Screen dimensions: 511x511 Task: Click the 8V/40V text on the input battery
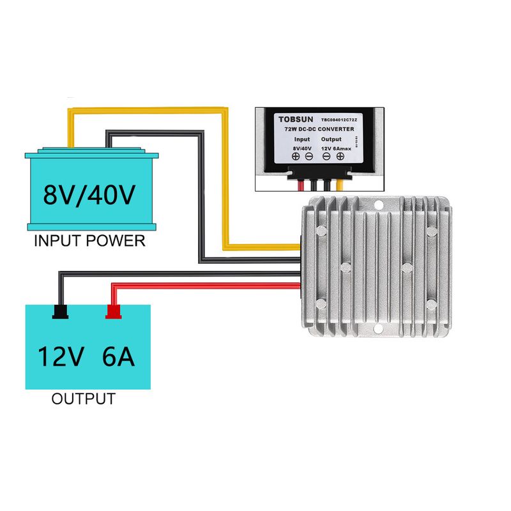(89, 194)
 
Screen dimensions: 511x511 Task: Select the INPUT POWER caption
(89, 241)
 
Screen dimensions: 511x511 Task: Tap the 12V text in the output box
(60, 356)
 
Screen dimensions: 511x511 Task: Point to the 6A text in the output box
(118, 356)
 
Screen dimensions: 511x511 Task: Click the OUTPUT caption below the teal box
(83, 400)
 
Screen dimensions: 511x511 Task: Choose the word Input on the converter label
(302, 139)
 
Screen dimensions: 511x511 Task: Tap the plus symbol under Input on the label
(296, 156)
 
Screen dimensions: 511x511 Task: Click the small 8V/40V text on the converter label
(302, 148)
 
